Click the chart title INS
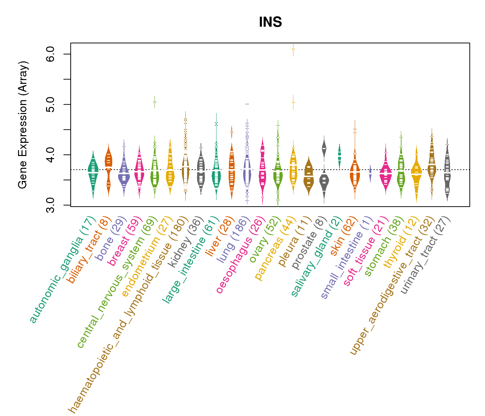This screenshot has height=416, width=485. point(270,23)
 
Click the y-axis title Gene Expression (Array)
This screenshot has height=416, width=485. point(23,125)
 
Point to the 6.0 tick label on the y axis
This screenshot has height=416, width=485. point(51,54)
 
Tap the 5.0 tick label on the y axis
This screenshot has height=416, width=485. point(51,104)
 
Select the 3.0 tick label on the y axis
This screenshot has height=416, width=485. point(51,205)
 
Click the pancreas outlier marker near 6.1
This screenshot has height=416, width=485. point(293,49)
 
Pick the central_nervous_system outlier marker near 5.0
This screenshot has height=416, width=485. point(155,102)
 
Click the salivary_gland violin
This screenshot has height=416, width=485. point(339,155)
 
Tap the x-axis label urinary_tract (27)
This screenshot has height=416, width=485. point(425,255)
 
